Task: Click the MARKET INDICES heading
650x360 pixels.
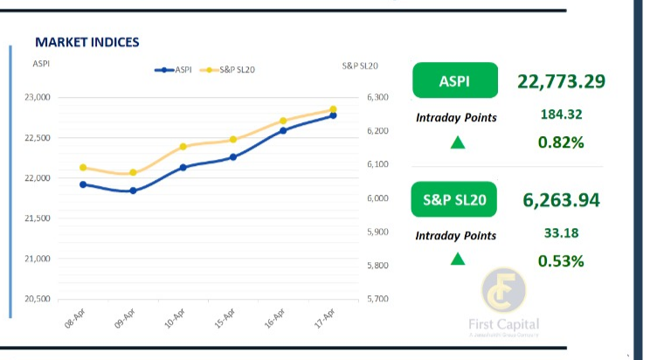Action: coord(86,42)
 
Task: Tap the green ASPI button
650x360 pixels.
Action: coord(453,80)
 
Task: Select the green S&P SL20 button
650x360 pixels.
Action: coord(453,199)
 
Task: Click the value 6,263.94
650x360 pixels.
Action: coord(561,200)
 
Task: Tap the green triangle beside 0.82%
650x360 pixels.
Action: coord(457,142)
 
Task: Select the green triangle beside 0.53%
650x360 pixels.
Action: coord(457,259)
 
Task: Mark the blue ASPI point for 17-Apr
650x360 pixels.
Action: coord(333,115)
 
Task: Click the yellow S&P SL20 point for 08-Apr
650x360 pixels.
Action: coord(83,167)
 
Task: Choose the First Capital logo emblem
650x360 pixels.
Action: coord(504,294)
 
